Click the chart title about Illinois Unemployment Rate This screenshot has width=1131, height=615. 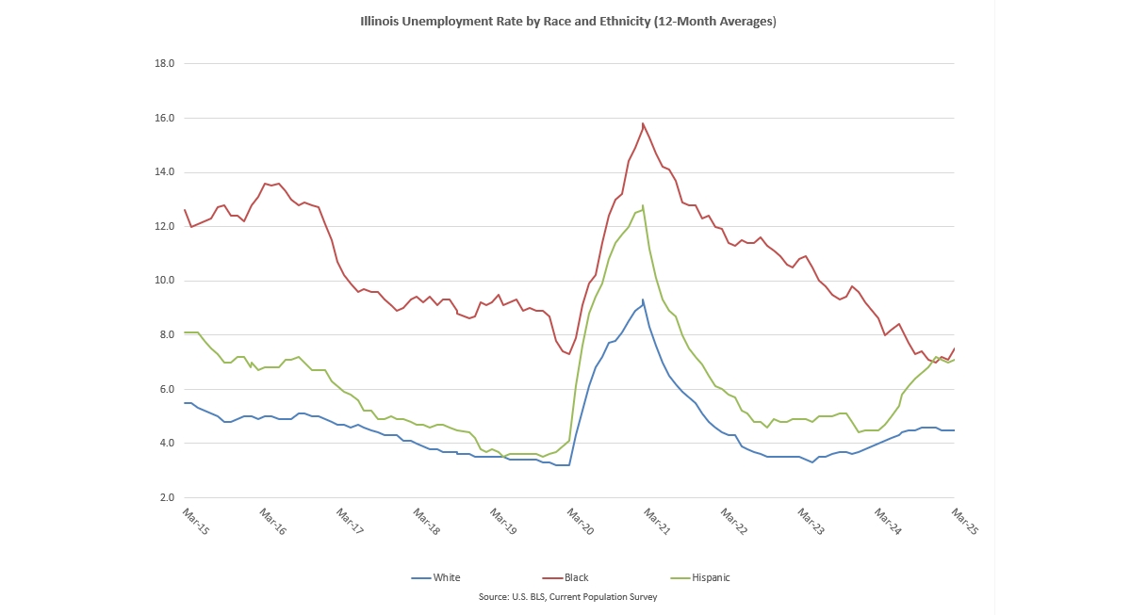pos(568,22)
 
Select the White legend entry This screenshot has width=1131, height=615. pos(435,577)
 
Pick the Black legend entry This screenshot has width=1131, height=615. pos(565,577)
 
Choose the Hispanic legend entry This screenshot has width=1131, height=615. pos(699,577)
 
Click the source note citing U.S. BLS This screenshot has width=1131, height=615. pos(568,597)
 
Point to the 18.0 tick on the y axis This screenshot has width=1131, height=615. pos(165,63)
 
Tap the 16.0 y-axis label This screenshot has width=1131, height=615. pos(165,118)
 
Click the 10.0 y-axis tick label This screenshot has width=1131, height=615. pos(165,281)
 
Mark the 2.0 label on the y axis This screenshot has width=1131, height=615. pos(167,497)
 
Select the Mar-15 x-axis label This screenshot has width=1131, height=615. pos(195,521)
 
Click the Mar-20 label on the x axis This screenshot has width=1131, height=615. pos(581,521)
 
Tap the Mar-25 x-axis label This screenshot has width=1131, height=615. pos(965,521)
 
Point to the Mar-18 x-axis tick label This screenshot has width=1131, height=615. pos(426,521)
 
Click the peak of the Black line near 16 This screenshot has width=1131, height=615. pos(643,123)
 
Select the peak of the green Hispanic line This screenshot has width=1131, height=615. pos(643,205)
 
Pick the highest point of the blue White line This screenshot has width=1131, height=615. pos(643,299)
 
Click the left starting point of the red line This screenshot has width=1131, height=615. pos(185,210)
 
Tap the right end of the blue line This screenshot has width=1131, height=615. pos(954,430)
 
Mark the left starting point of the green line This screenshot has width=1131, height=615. pos(185,332)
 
